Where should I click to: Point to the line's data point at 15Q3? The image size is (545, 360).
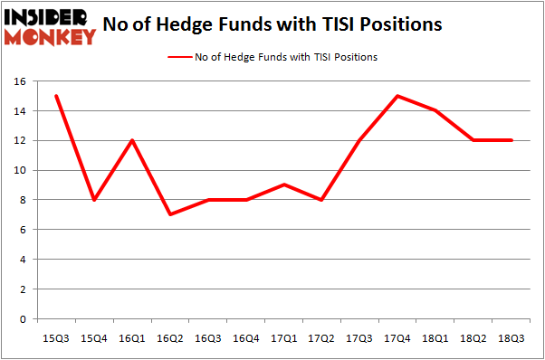coord(57,97)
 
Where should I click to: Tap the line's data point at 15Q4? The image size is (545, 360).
coord(95,200)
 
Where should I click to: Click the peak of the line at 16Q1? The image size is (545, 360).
coord(133,141)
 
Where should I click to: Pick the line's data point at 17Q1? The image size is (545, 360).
coord(285,185)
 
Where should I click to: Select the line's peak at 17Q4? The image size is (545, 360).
coord(398,97)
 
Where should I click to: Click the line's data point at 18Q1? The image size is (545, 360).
coord(436,111)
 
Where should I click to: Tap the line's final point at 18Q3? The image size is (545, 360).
coord(512,141)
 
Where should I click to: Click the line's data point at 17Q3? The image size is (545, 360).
coord(360,141)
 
